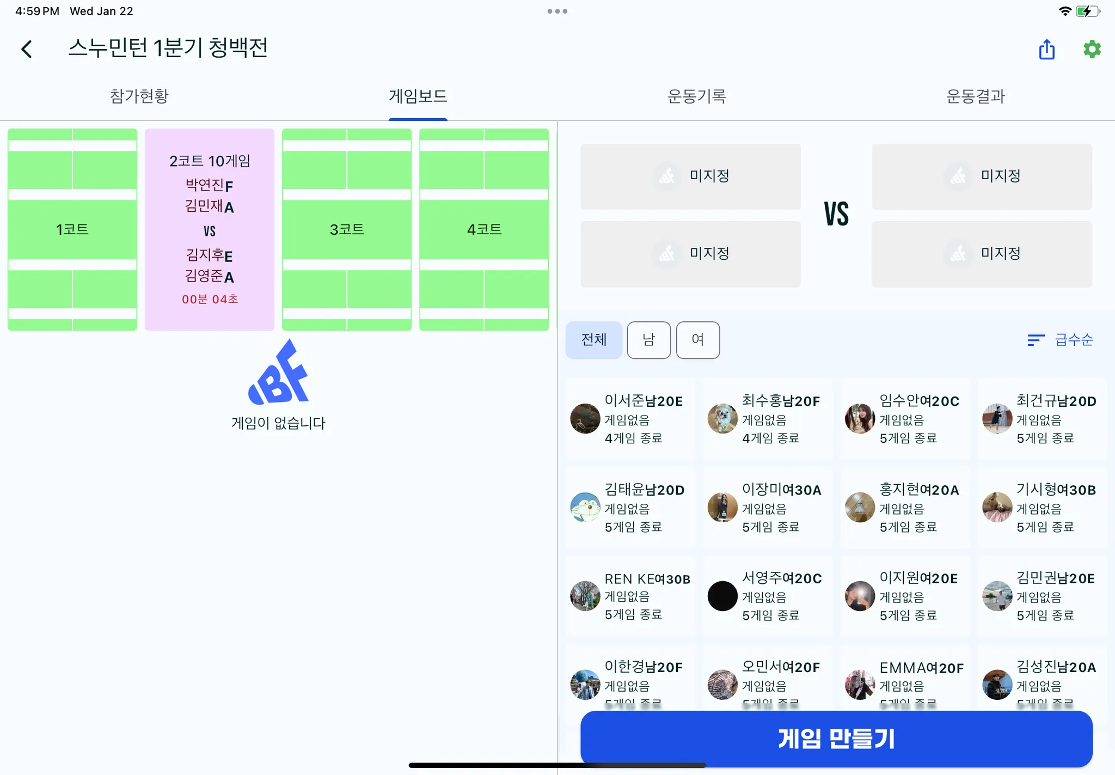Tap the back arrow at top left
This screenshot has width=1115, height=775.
pyautogui.click(x=27, y=49)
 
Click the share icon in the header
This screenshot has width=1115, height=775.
pyautogui.click(x=1046, y=49)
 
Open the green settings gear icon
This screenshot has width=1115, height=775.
pyautogui.click(x=1092, y=49)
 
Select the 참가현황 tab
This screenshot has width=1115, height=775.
pyautogui.click(x=139, y=96)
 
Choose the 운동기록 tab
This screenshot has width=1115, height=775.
pyautogui.click(x=696, y=96)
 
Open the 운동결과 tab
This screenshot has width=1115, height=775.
pyautogui.click(x=975, y=96)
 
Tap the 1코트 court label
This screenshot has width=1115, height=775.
pyautogui.click(x=72, y=229)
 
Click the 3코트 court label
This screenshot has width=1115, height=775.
pyautogui.click(x=347, y=229)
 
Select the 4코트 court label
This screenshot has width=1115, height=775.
pyautogui.click(x=484, y=229)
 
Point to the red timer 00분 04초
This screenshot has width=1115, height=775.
pyautogui.click(x=210, y=299)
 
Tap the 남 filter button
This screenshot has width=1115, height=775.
pyautogui.click(x=648, y=340)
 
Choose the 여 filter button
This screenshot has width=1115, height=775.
pyautogui.click(x=697, y=340)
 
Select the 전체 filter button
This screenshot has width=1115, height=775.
pyautogui.click(x=593, y=340)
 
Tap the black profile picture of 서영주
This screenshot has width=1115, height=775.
pyautogui.click(x=722, y=596)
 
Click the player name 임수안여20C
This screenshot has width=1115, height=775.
pyautogui.click(x=919, y=401)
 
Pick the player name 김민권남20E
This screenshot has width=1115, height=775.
pyautogui.click(x=1055, y=578)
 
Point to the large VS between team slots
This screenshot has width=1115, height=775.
pyautogui.click(x=836, y=213)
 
